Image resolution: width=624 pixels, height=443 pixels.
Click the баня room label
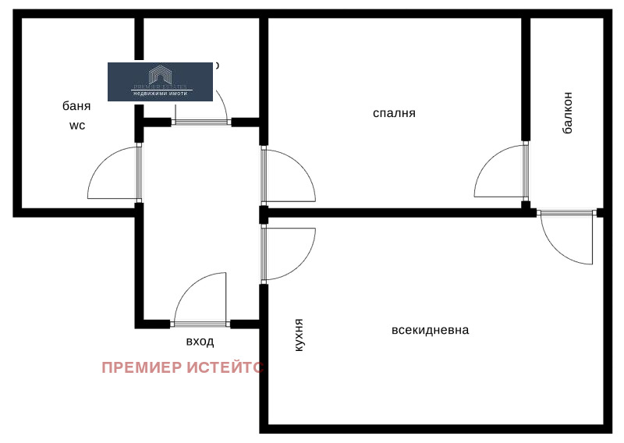pyautogui.click(x=77, y=106)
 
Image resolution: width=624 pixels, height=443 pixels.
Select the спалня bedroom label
pyautogui.click(x=394, y=113)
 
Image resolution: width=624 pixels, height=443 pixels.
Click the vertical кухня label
pyautogui.click(x=299, y=336)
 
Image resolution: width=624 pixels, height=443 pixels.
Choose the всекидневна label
pyautogui.click(x=430, y=330)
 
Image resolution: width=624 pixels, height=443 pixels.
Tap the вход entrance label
pyautogui.click(x=200, y=342)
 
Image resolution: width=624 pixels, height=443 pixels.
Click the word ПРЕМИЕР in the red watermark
pyautogui.click(x=143, y=367)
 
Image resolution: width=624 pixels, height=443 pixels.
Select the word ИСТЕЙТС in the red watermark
pyautogui.click(x=227, y=367)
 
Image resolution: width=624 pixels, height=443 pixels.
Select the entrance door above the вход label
pyautogui.click(x=200, y=300)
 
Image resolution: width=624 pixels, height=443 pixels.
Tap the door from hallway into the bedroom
pyautogui.click(x=289, y=175)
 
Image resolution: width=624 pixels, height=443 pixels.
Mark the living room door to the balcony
pyautogui.click(x=565, y=238)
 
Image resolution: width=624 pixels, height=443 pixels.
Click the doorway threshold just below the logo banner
pyautogui.click(x=200, y=122)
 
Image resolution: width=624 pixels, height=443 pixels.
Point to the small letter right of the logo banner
pyautogui.click(x=217, y=66)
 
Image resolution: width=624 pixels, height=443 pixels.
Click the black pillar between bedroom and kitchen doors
pyautogui.click(x=264, y=214)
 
